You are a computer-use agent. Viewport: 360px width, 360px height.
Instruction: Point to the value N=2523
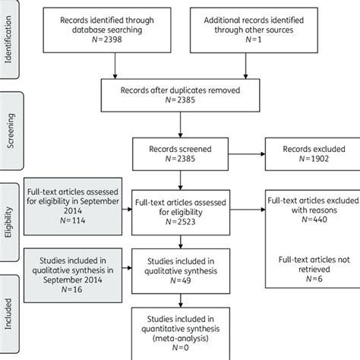[x=183, y=221]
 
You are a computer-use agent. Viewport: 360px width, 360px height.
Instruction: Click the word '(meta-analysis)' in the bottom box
[x=183, y=339]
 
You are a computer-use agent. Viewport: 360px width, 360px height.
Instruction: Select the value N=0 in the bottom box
[x=183, y=350]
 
